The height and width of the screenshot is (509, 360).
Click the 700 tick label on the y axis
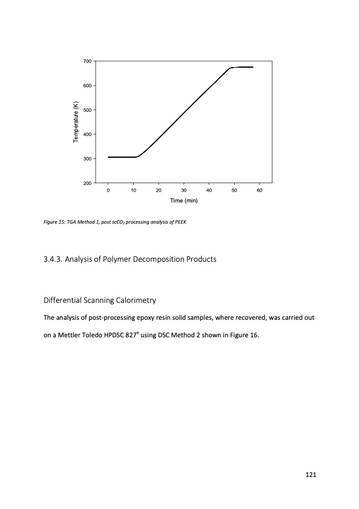click(x=87, y=62)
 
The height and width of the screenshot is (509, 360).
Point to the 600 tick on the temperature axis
click(x=87, y=86)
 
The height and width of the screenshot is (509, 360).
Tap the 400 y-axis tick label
click(x=87, y=134)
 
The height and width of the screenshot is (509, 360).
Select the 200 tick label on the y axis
click(x=87, y=183)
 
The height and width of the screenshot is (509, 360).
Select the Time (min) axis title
click(x=184, y=200)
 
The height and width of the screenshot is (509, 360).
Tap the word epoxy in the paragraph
click(x=148, y=317)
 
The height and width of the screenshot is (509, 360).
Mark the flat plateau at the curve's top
click(x=242, y=67)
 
